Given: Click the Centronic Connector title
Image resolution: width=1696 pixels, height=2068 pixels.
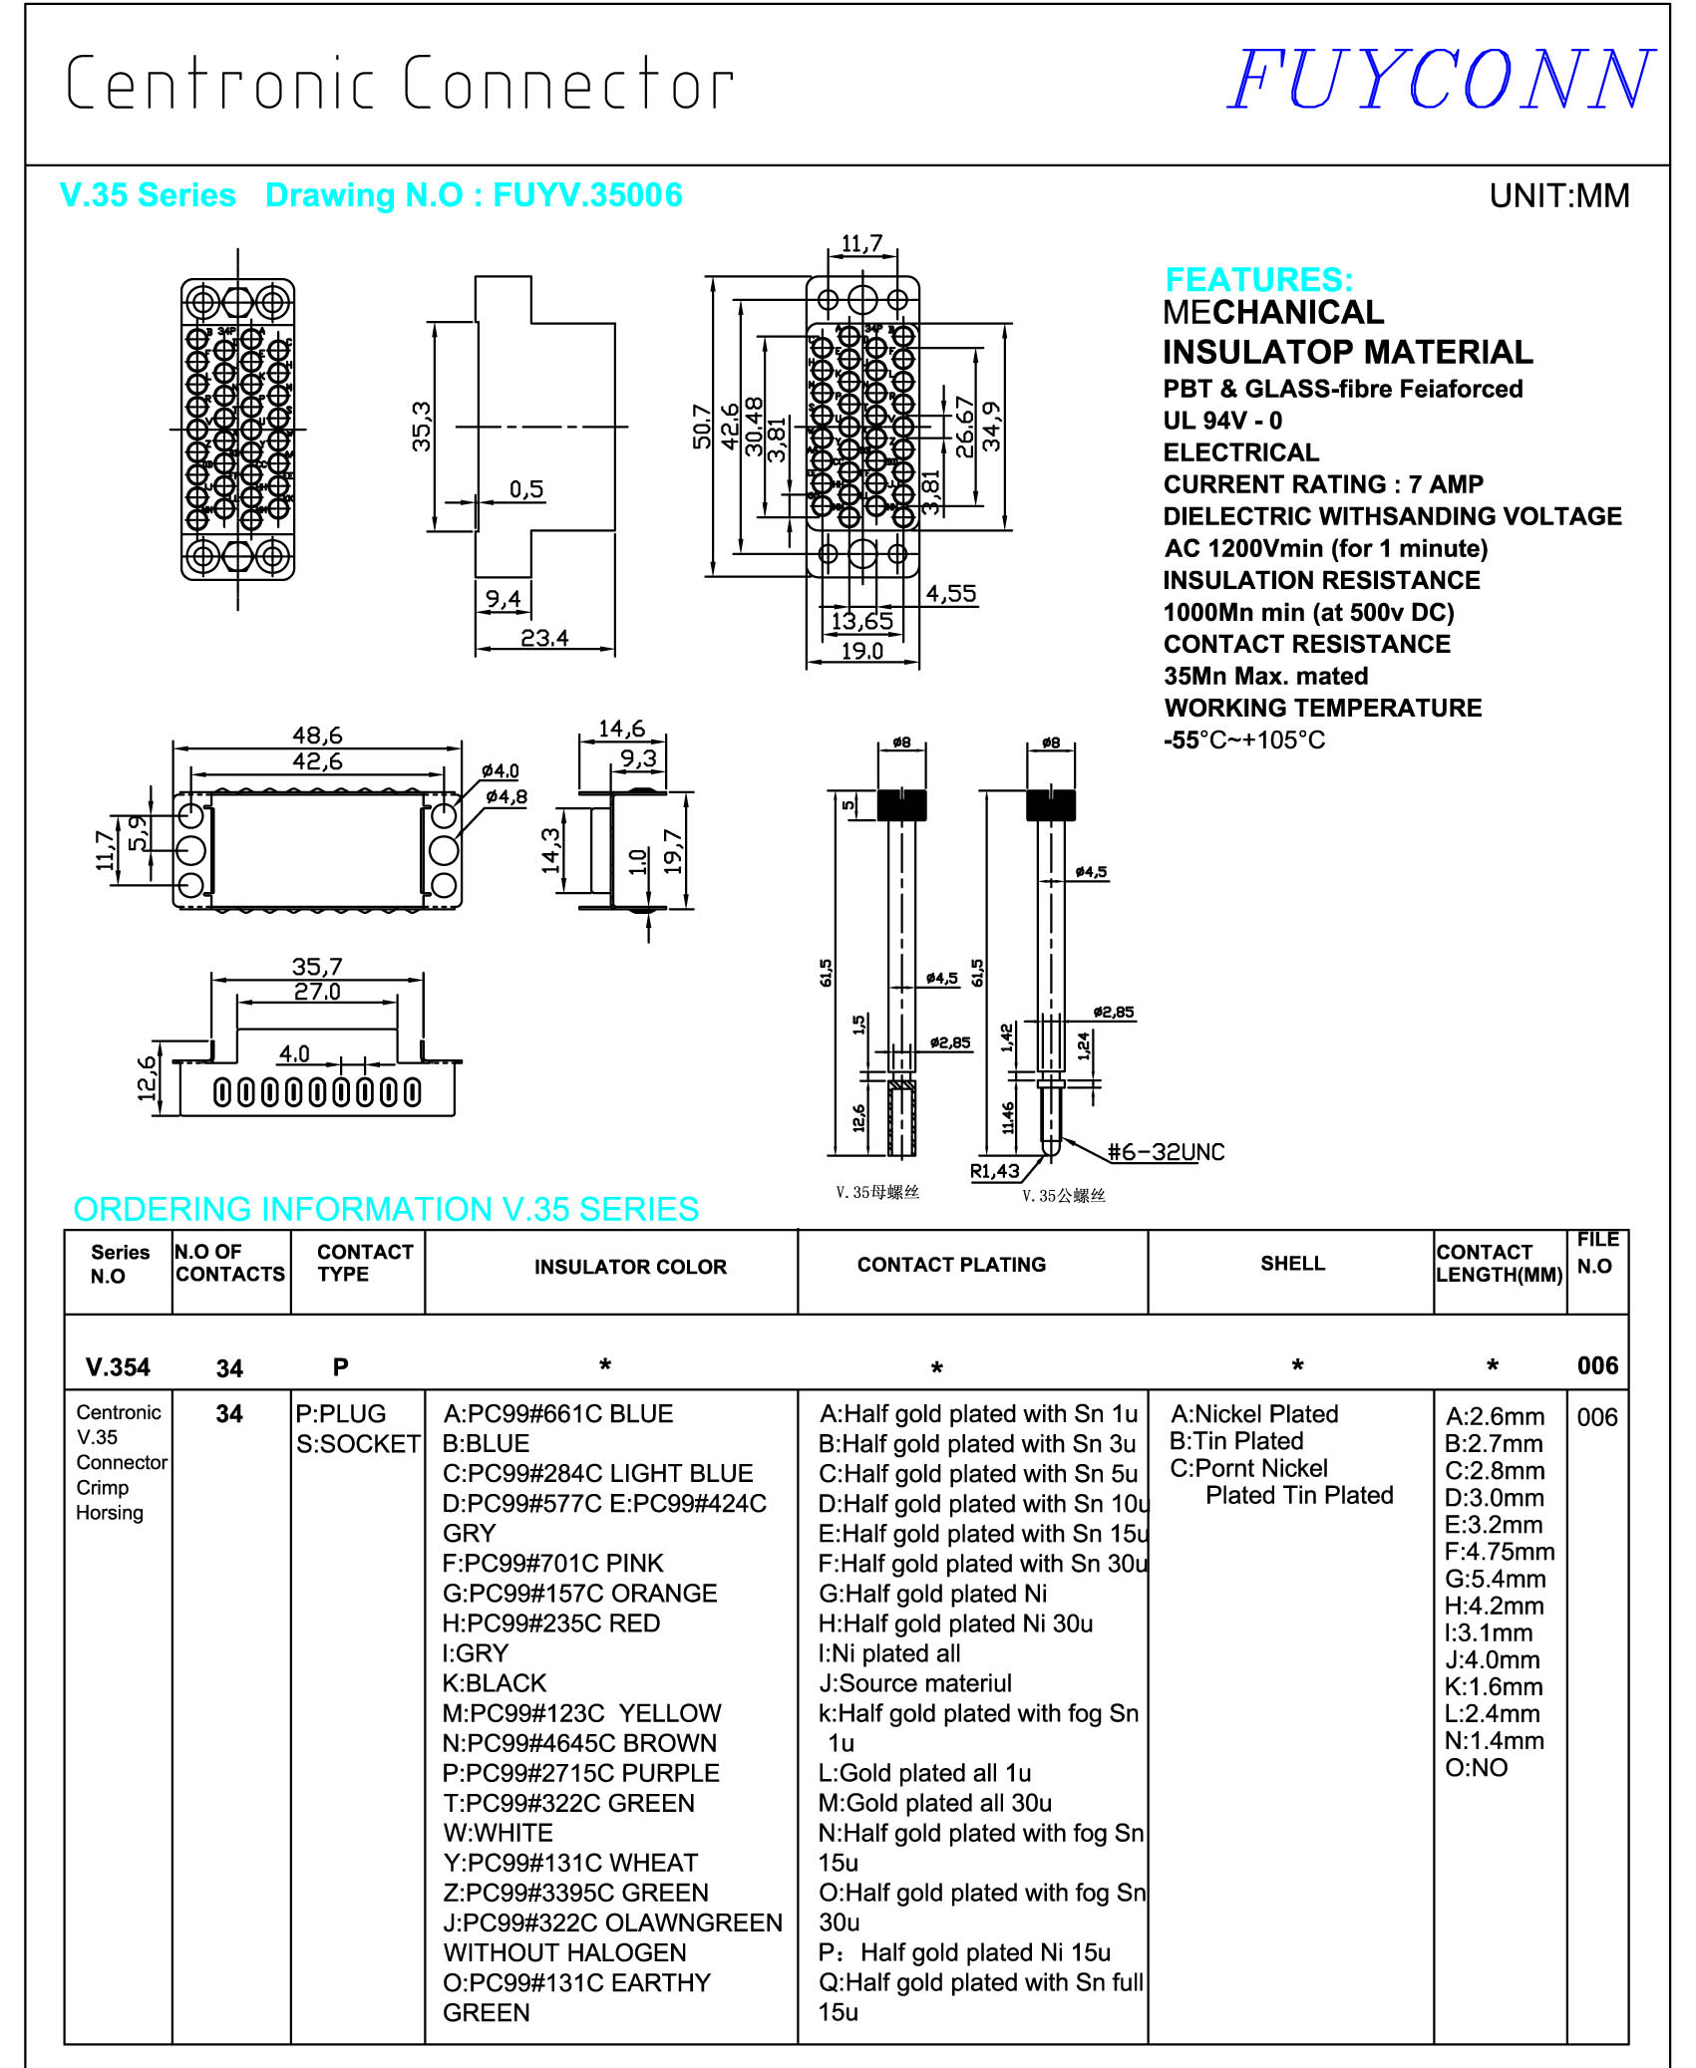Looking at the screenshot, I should (x=399, y=84).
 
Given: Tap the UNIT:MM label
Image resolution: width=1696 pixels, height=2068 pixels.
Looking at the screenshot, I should (x=1558, y=196).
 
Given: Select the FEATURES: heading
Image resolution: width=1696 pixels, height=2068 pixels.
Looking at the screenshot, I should (x=1258, y=279).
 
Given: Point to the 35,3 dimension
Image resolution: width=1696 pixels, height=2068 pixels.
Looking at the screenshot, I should (x=422, y=427).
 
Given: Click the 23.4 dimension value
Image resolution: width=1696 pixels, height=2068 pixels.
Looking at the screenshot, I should (x=544, y=638).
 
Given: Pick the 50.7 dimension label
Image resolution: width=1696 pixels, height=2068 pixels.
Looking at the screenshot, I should (x=702, y=427).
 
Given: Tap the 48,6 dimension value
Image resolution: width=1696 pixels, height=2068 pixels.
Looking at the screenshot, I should (x=317, y=736).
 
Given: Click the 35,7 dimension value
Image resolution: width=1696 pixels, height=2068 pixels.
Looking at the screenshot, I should (x=317, y=967).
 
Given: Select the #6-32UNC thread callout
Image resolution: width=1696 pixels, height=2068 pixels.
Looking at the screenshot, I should (x=1166, y=1152).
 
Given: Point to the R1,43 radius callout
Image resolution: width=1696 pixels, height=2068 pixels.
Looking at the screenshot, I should (x=995, y=1171).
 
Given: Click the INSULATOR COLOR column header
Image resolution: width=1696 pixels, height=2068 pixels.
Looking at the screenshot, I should (x=630, y=1267).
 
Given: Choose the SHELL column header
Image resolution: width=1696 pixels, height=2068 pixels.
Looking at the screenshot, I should (x=1292, y=1264).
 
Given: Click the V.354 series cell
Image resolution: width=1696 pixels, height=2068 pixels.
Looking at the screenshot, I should (x=118, y=1367).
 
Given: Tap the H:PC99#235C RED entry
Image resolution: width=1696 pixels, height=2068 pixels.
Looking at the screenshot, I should (x=551, y=1624).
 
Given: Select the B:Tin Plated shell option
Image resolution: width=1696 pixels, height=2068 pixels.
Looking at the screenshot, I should (x=1236, y=1441).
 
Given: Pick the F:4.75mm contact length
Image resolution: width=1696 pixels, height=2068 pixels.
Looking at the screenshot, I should (x=1500, y=1552).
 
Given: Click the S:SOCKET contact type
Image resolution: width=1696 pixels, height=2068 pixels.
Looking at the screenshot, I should (x=358, y=1444).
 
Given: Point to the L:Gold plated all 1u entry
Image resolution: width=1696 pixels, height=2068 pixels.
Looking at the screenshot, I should (x=924, y=1773).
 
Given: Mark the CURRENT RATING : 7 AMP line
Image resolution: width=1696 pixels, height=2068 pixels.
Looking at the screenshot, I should (x=1323, y=484).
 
